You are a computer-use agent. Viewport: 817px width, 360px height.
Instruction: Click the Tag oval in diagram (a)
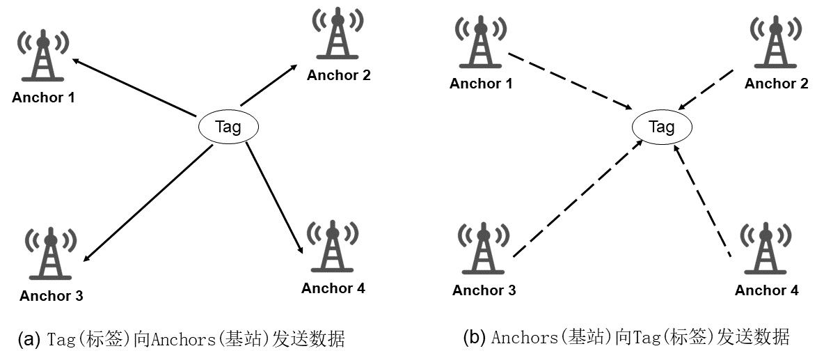[228, 127]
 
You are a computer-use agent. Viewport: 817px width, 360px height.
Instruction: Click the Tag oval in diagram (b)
[662, 127]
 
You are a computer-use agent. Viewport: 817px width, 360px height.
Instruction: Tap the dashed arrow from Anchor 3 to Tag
[578, 198]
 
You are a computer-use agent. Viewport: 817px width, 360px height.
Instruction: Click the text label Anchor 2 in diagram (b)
[776, 84]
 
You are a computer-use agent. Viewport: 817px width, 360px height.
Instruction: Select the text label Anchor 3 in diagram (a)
[51, 296]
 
